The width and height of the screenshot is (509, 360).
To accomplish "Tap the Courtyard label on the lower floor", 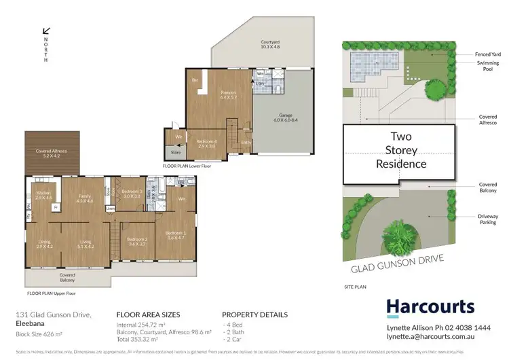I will tap(271, 45).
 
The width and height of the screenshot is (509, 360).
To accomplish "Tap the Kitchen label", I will tap(44, 196).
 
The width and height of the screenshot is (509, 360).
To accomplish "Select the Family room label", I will tap(85, 198).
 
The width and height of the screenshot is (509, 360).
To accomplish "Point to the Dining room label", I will tap(44, 242).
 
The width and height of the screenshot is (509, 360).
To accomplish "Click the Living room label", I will tap(86, 242).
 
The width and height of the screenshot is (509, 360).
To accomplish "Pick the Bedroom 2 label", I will tap(137, 241).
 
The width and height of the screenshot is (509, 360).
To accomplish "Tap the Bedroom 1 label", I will tap(175, 235).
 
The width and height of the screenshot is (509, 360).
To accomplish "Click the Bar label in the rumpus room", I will tap(195, 80).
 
